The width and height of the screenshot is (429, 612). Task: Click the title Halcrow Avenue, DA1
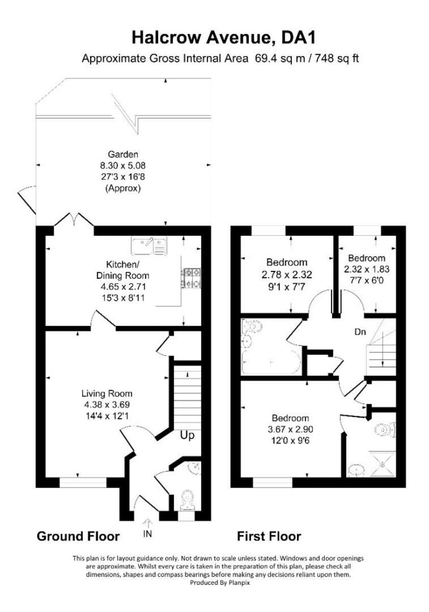[220, 37]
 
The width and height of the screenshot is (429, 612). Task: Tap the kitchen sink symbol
[149, 245]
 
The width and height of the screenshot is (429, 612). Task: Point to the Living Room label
[107, 393]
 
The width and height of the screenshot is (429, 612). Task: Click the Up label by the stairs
[187, 436]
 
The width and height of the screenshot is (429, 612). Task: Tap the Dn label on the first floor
[361, 332]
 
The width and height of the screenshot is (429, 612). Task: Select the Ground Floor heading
[78, 536]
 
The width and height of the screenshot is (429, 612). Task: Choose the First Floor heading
[269, 536]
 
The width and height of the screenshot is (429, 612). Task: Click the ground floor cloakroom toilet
[187, 499]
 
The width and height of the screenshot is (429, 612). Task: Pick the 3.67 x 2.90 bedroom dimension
[290, 428]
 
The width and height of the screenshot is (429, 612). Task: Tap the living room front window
[83, 481]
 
